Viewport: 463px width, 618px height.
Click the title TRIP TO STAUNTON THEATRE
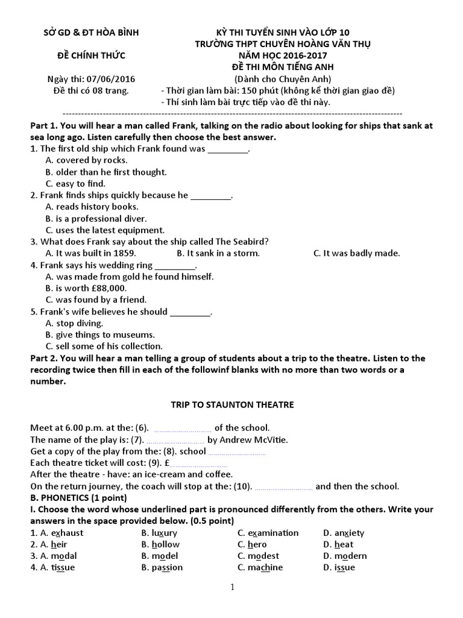pos(231,404)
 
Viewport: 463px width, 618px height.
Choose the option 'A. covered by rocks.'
pos(86,160)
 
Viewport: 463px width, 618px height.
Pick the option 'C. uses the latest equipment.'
pos(105,230)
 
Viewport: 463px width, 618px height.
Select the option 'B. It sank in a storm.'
pos(218,253)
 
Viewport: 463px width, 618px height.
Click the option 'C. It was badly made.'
pos(356,253)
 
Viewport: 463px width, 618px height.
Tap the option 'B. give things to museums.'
pos(100,334)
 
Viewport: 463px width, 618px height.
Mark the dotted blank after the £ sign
pos(199,463)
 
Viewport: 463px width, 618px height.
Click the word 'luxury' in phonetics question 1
pos(165,533)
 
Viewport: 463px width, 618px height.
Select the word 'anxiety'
pos(349,533)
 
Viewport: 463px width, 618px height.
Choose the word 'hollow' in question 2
pos(165,544)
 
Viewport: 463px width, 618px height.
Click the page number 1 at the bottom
pos(231,587)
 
